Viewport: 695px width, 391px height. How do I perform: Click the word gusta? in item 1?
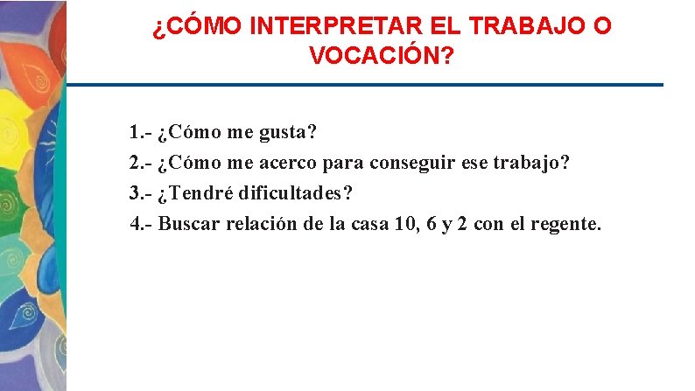pyautogui.click(x=286, y=133)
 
